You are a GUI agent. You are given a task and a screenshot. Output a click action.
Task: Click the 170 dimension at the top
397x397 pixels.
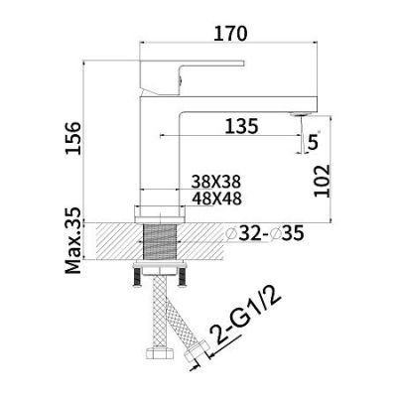point(230,34)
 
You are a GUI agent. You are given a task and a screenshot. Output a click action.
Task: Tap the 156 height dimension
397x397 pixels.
point(73,138)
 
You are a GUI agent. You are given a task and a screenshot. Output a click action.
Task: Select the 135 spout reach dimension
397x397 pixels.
point(241,126)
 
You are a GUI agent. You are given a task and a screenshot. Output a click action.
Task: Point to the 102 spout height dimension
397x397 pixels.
point(322,181)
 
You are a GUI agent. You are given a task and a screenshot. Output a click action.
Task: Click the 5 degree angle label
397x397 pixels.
point(313,142)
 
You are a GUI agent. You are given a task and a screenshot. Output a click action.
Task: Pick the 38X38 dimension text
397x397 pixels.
point(216,182)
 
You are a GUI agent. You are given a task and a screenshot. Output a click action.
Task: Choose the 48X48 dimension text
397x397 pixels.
point(216,198)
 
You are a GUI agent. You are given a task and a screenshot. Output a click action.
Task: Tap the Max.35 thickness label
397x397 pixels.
point(73,240)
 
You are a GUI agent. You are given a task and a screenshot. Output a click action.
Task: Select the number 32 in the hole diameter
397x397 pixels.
point(248,234)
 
